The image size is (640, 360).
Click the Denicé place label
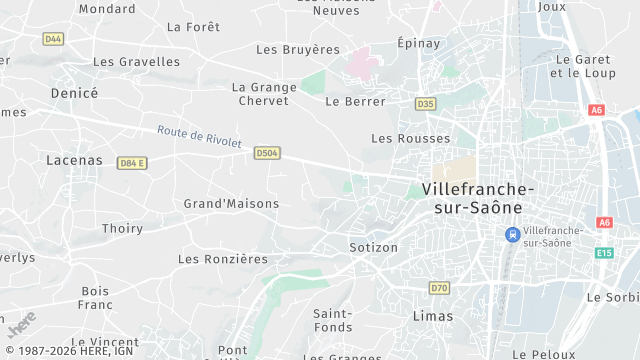(x=74, y=92)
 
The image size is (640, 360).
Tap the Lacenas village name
(x=74, y=159)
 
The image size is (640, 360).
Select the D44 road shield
(x=53, y=38)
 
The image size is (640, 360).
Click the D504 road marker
(x=267, y=153)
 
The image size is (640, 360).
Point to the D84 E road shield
(x=132, y=163)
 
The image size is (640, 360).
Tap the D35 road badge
(x=426, y=103)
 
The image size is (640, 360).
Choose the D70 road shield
(x=439, y=288)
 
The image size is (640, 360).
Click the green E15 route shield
(x=604, y=253)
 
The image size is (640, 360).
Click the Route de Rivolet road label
(x=199, y=136)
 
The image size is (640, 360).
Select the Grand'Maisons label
(x=231, y=203)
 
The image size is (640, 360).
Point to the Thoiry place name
(x=122, y=228)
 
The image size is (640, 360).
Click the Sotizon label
(x=374, y=247)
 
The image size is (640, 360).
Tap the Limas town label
(x=433, y=315)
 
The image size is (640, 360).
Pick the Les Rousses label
(x=410, y=138)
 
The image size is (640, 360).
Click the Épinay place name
(x=420, y=42)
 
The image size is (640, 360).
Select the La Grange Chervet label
(x=264, y=94)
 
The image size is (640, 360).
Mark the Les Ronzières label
(x=223, y=258)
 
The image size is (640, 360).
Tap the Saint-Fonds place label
(x=332, y=319)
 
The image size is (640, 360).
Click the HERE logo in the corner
(x=21, y=325)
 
